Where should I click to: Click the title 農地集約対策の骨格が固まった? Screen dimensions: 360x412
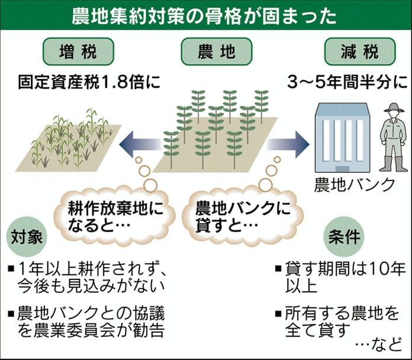(x=205, y=15)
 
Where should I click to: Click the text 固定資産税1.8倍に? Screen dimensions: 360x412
(x=89, y=82)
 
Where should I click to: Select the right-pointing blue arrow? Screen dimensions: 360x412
(x=287, y=144)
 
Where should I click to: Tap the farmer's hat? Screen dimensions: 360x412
(x=393, y=108)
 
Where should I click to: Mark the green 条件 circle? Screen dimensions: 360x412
(x=344, y=238)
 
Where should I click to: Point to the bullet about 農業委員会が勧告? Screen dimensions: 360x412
(x=89, y=319)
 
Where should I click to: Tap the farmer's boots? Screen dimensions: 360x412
(x=392, y=164)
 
